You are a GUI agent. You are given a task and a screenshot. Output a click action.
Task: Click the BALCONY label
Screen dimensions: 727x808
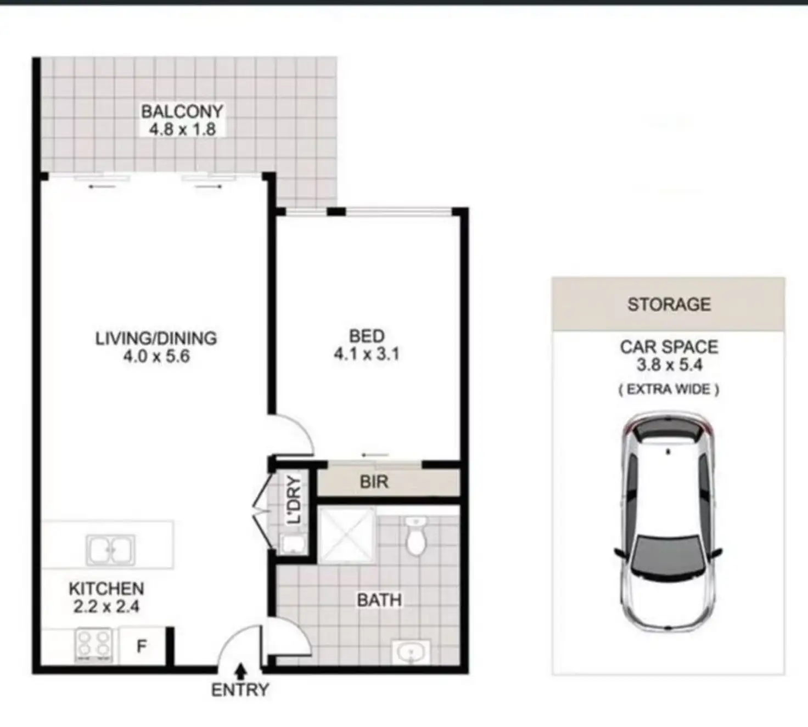click(x=182, y=111)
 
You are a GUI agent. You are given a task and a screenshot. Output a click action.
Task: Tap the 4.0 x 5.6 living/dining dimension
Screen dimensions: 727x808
click(x=156, y=357)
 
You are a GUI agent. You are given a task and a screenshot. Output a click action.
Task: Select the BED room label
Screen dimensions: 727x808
click(x=367, y=336)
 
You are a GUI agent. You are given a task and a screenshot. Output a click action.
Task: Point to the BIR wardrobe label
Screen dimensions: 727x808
click(x=374, y=482)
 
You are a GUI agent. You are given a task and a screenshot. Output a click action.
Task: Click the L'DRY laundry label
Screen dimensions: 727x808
click(x=294, y=500)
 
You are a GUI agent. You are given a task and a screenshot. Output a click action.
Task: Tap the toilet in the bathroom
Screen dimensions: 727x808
click(x=416, y=536)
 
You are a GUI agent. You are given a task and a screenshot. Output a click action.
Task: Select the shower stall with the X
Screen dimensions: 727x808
click(x=347, y=536)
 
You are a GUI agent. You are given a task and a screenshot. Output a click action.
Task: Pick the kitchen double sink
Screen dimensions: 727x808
click(x=110, y=550)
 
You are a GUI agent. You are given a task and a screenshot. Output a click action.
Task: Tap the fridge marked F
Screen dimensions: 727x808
click(x=142, y=646)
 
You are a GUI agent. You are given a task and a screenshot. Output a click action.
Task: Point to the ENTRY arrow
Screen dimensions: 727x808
click(x=240, y=670)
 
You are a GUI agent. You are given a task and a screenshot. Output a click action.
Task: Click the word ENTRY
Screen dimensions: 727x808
click(x=240, y=690)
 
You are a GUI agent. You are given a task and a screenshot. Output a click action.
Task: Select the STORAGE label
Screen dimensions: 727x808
click(x=669, y=304)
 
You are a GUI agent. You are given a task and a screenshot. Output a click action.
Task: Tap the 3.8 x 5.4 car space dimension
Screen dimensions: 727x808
click(x=669, y=365)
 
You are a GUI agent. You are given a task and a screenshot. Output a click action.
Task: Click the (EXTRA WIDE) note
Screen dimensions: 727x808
click(x=669, y=390)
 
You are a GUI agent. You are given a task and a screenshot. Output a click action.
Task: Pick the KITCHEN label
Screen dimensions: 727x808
click(x=106, y=589)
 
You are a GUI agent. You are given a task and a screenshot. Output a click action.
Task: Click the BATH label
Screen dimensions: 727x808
click(x=379, y=600)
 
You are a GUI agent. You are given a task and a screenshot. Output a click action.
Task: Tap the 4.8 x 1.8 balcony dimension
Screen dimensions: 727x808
click(x=182, y=129)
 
